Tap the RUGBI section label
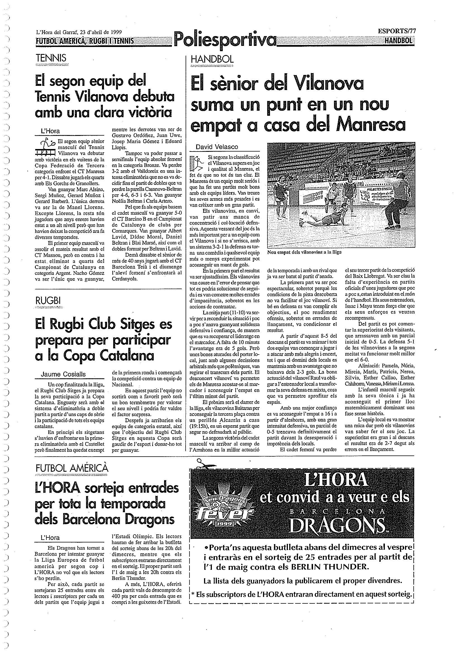(x=48, y=301)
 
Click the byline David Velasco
(x=217, y=147)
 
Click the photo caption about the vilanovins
(x=304, y=252)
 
